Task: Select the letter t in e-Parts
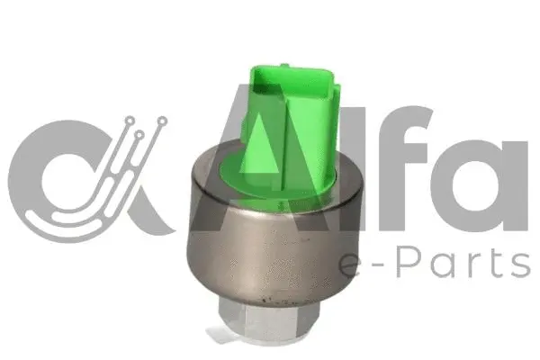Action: tap(490, 263)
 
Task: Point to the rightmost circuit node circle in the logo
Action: tap(159, 119)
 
